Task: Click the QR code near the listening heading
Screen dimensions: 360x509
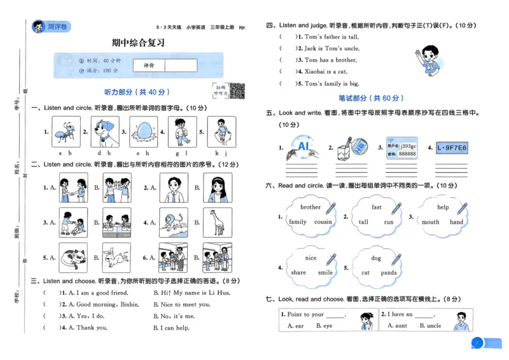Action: point(237,91)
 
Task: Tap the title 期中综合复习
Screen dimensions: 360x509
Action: point(138,43)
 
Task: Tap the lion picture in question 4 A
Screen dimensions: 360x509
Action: point(171,223)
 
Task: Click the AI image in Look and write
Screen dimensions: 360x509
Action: point(302,148)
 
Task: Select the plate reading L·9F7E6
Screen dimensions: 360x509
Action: point(452,148)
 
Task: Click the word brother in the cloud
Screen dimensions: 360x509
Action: point(310,207)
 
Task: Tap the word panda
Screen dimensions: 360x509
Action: point(389,273)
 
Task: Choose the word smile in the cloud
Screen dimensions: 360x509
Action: point(325,273)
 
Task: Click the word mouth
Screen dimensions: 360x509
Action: point(431,222)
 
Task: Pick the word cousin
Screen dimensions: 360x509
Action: point(323,222)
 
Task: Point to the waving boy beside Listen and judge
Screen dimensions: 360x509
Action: point(427,62)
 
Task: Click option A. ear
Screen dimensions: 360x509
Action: point(295,326)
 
